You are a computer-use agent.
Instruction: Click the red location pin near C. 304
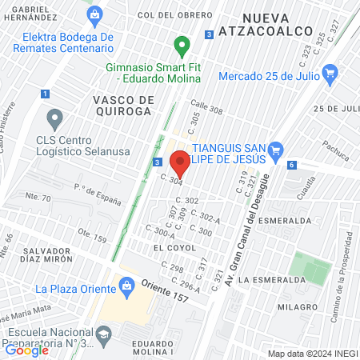point(180,162)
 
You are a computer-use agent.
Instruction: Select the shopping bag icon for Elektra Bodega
point(96,14)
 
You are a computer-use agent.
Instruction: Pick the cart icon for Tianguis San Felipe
point(277,148)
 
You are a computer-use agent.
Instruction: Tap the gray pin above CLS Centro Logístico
point(54,120)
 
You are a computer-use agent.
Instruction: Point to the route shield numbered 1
point(46,94)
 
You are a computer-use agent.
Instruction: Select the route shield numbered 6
point(293,165)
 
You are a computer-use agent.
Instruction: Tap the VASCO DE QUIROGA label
point(122,105)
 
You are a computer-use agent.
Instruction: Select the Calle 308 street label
point(207,110)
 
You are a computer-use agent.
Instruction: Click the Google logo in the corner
point(27,349)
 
